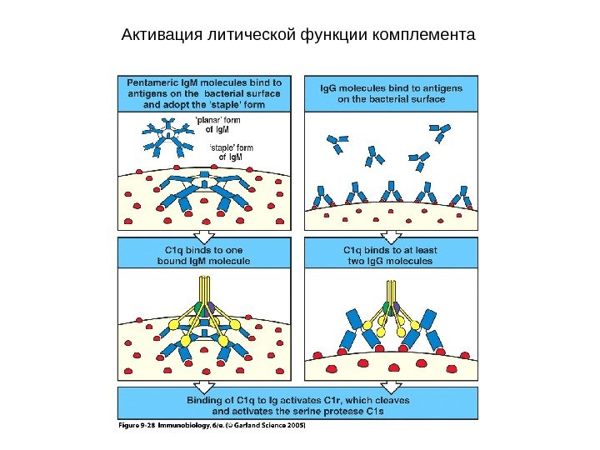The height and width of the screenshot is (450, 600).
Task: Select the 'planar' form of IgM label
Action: (217, 125)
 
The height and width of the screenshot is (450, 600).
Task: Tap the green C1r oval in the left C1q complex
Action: (198, 307)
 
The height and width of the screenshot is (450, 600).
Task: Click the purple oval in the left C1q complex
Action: (212, 307)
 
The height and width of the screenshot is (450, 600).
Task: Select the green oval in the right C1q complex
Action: (385, 307)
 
